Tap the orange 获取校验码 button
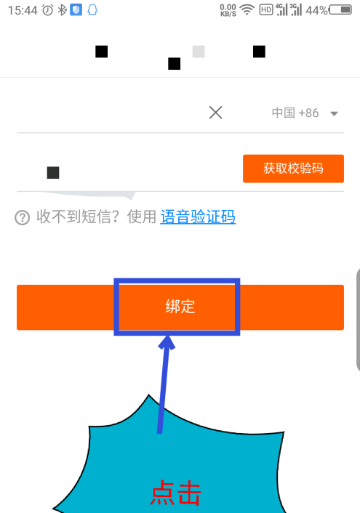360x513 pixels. [x=293, y=169]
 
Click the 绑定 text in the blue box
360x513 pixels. [x=180, y=307]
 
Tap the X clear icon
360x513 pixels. [x=215, y=113]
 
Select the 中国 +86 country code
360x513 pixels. [x=295, y=113]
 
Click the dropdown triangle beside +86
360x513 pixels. [x=334, y=114]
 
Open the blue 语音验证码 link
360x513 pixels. [x=198, y=217]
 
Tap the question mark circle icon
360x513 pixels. [x=23, y=217]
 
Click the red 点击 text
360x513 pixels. [x=175, y=493]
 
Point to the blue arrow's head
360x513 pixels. [x=167, y=342]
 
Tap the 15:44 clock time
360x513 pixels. [x=23, y=10]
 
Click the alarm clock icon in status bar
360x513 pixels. [x=48, y=10]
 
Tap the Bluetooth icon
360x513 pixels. [x=62, y=10]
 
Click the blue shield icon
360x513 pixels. [x=76, y=10]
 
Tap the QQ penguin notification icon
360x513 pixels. [x=92, y=10]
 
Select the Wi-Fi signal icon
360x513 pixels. [x=247, y=10]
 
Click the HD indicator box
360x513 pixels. [x=266, y=10]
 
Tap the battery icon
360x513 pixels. [x=340, y=10]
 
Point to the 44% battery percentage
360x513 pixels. [x=317, y=10]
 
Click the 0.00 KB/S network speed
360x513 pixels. [x=228, y=10]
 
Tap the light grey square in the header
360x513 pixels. [x=199, y=52]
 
